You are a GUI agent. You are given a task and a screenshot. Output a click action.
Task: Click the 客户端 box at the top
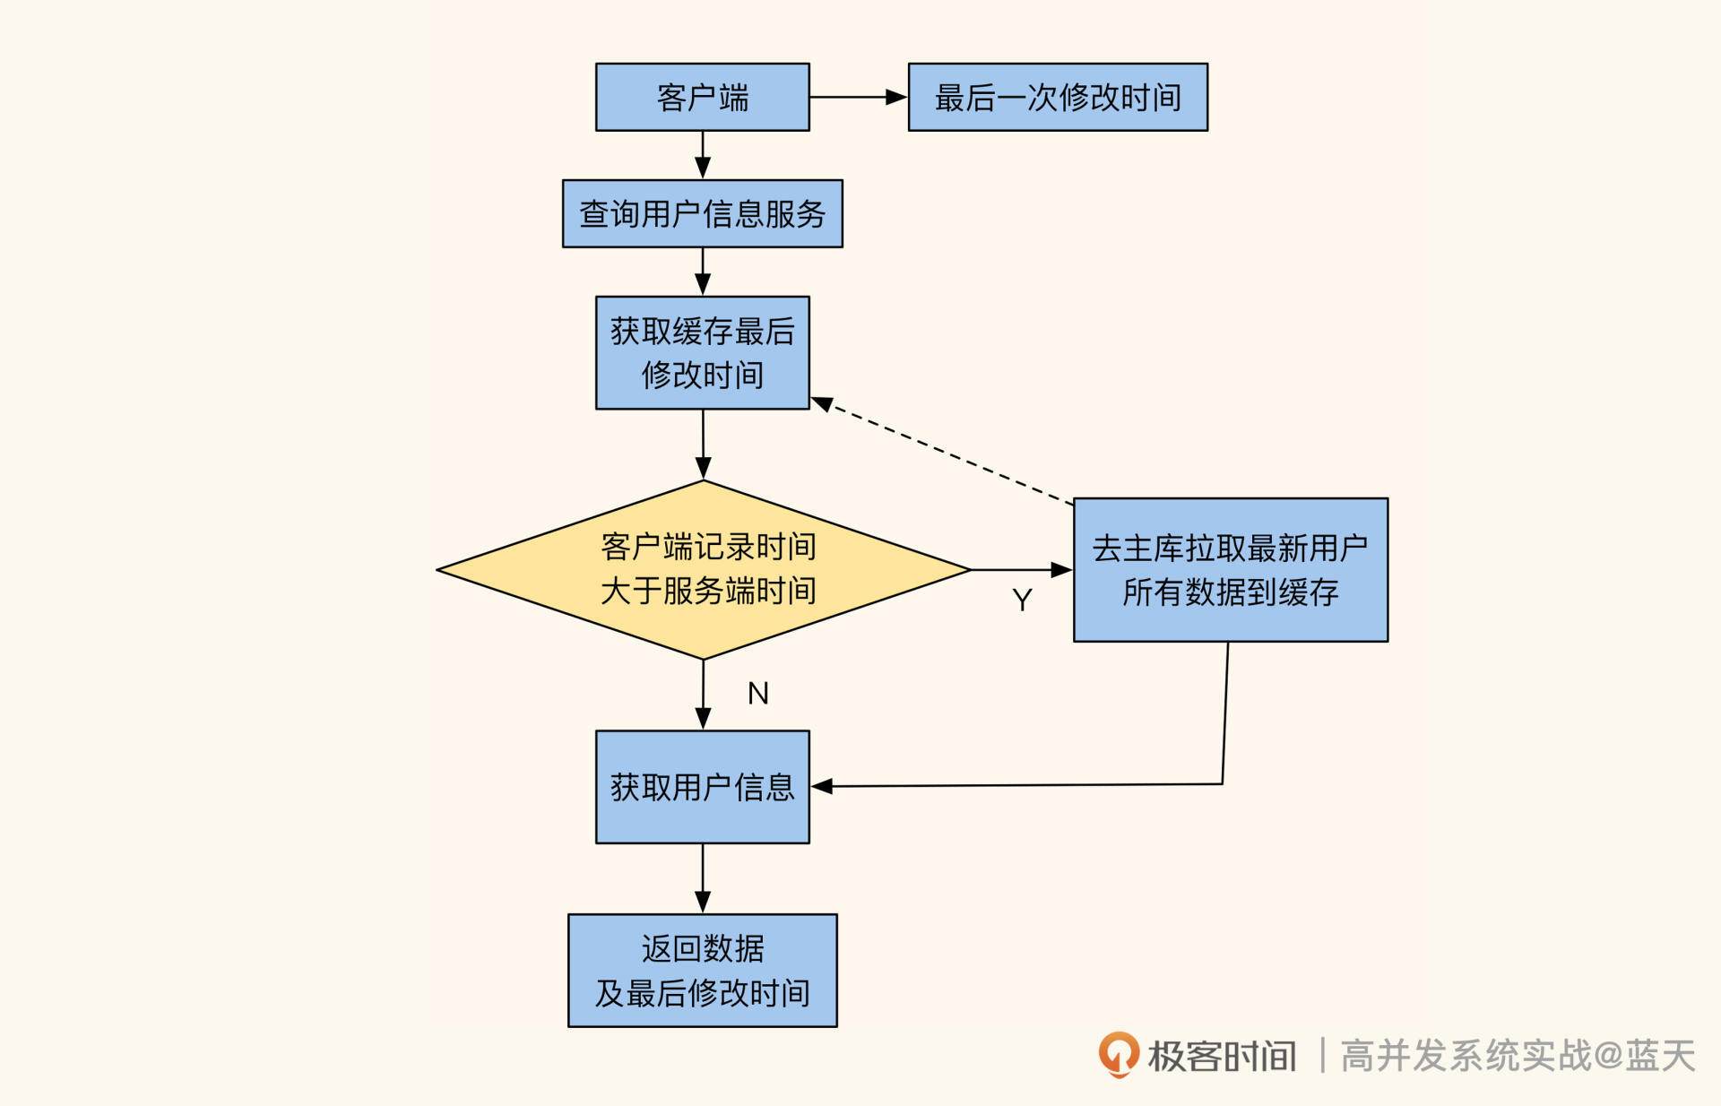click(702, 97)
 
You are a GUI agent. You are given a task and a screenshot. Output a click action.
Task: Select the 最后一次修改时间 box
click(1058, 97)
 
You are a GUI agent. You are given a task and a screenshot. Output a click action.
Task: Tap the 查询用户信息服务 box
click(702, 213)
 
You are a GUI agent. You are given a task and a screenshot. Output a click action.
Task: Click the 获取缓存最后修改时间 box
click(702, 352)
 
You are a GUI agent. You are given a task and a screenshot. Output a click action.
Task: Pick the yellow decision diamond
click(704, 569)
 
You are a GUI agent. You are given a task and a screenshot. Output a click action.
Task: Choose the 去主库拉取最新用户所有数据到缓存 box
click(1230, 569)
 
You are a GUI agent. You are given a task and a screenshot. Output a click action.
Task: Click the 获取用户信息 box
click(702, 786)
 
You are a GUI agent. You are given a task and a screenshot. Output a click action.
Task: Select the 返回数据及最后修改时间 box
click(702, 970)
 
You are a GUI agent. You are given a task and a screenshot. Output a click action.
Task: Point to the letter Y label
click(1022, 600)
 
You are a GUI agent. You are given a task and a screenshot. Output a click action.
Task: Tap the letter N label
click(758, 693)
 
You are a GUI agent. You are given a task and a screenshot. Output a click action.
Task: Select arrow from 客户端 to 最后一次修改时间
click(856, 97)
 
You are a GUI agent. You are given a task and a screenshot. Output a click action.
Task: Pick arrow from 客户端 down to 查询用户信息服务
click(703, 154)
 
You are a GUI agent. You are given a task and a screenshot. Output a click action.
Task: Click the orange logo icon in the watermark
click(1119, 1054)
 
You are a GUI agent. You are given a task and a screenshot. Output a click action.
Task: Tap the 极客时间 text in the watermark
click(1222, 1056)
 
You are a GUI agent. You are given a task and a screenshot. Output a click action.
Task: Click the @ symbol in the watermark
click(1608, 1056)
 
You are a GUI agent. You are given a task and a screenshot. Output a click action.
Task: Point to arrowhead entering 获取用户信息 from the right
click(822, 786)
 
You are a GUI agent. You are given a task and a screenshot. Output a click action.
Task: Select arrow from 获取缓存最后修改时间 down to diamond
click(703, 443)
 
